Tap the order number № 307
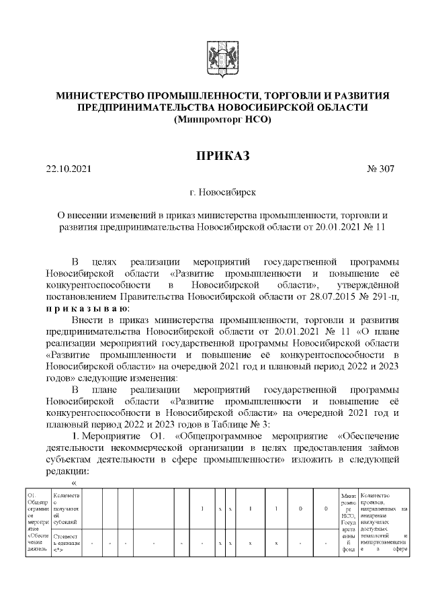(380, 169)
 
